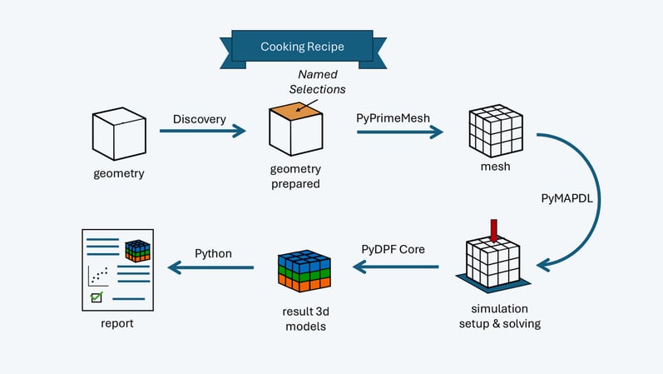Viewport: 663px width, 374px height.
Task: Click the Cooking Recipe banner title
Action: pos(302,47)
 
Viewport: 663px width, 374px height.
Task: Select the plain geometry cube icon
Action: pos(117,136)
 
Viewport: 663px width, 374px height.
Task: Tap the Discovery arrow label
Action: pos(199,119)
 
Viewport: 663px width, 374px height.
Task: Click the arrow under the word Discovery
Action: pos(203,131)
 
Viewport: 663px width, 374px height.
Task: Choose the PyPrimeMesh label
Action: pos(393,118)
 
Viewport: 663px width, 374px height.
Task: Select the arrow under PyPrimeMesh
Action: pos(398,131)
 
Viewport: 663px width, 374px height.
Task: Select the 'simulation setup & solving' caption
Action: pos(500,316)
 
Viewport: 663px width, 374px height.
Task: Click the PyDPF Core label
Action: pos(393,249)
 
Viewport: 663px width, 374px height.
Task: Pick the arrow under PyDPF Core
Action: pos(396,267)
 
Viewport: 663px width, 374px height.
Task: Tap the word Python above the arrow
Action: pos(213,252)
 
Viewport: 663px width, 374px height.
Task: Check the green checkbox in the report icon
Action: pos(96,297)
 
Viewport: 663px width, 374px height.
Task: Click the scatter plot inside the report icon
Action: pos(98,273)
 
